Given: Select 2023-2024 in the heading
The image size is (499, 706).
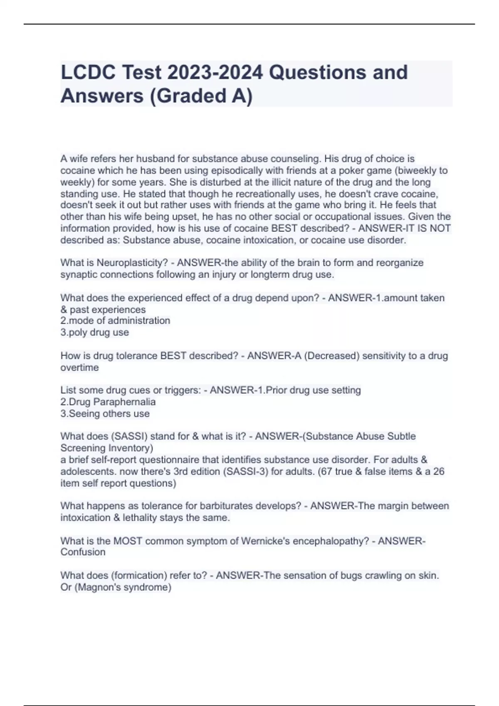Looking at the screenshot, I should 215,72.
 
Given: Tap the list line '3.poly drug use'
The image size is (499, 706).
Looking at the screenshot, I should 94,332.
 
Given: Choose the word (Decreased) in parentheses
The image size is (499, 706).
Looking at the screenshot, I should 332,355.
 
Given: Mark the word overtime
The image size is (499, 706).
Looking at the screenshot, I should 79,368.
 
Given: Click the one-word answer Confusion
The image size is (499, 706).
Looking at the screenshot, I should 83,552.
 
